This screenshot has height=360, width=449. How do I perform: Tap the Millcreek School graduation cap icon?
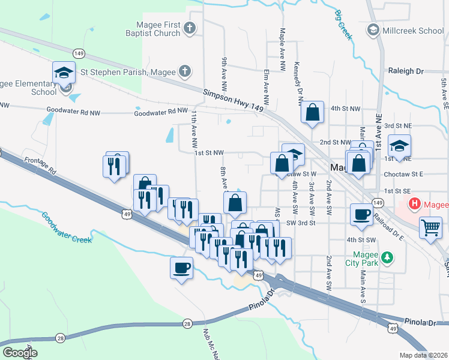click(x=372, y=29)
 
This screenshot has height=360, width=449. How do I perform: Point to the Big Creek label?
click(x=343, y=25)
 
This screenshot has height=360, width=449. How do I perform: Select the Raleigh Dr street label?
click(x=406, y=71)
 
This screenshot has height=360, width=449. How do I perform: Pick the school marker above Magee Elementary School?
click(x=64, y=72)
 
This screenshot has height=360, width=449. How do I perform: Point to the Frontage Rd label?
click(x=40, y=166)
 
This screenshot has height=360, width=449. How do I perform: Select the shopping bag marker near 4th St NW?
click(x=312, y=112)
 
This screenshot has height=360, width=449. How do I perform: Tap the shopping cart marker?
click(x=430, y=228)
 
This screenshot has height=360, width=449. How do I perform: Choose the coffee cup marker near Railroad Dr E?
click(x=362, y=214)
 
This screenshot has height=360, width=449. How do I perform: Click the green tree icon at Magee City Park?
click(x=388, y=257)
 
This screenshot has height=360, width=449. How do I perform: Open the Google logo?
click(x=20, y=352)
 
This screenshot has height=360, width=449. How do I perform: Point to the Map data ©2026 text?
click(x=424, y=355)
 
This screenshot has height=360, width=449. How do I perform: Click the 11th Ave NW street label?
click(x=194, y=130)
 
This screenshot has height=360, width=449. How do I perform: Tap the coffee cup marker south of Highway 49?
click(x=181, y=268)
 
